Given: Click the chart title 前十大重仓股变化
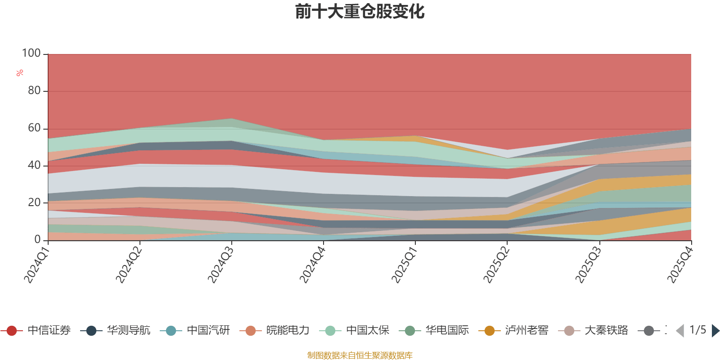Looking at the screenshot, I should pos(360,12).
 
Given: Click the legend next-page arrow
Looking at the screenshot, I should pos(715,331).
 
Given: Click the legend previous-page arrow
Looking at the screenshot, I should pos(680,331).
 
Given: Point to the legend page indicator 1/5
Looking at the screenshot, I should pos(697,330).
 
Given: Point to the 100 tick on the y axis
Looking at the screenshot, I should pos(31,54).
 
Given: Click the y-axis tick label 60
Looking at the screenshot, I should pos(34,128).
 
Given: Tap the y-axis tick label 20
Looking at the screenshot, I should pos(34,202).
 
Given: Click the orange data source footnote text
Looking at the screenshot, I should pos(360,355).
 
